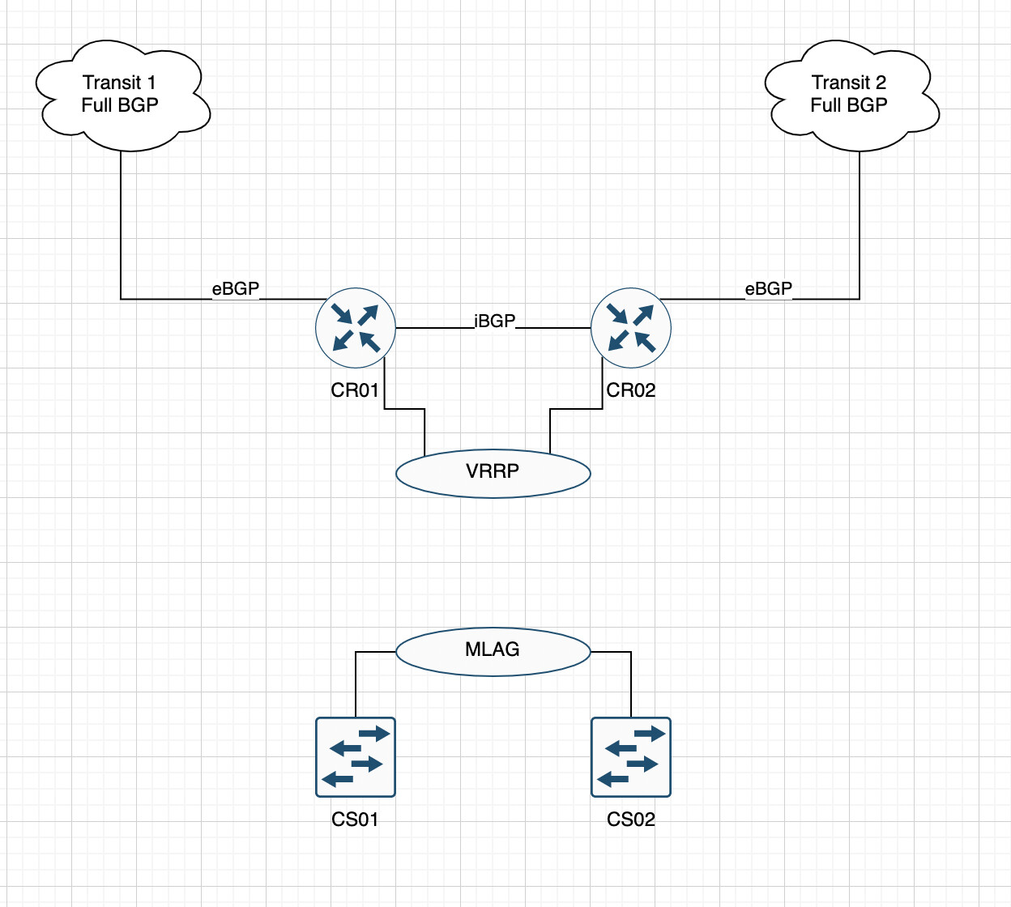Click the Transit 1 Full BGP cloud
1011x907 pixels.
[x=122, y=121]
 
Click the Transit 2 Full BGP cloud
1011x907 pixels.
[x=851, y=121]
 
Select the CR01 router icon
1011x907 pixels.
[x=356, y=328]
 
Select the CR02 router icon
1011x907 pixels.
[x=631, y=328]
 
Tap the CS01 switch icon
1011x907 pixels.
[x=356, y=757]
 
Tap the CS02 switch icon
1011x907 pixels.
[x=631, y=757]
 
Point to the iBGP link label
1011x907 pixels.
[x=494, y=321]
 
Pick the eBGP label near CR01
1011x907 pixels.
[x=236, y=289]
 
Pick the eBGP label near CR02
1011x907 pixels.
[x=768, y=289]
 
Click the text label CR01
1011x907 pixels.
[x=355, y=390]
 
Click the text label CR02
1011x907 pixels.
[x=631, y=390]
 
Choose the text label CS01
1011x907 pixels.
[x=355, y=820]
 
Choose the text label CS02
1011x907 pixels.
[x=631, y=820]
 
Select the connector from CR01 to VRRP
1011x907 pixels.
[x=404, y=409]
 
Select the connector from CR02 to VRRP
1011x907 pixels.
[x=577, y=409]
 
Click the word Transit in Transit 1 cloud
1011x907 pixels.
[x=112, y=83]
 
